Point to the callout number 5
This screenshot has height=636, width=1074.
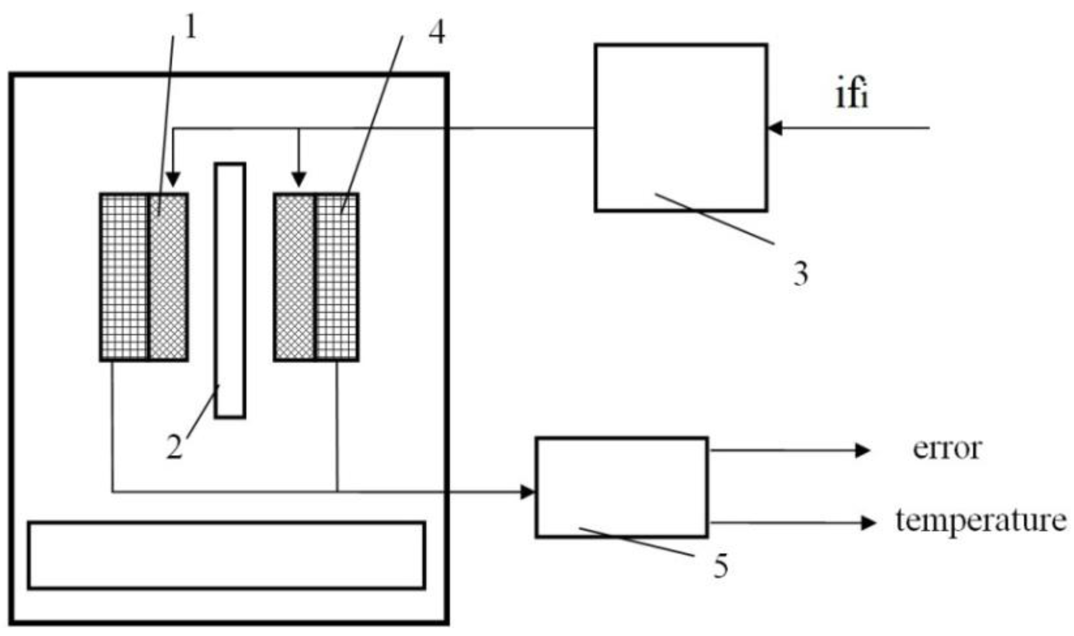(721, 566)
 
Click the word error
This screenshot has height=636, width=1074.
(947, 449)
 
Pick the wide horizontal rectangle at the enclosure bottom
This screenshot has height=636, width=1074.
(226, 556)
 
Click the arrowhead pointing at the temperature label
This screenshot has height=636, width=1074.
(867, 523)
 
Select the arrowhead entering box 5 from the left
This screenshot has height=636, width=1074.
(528, 492)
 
